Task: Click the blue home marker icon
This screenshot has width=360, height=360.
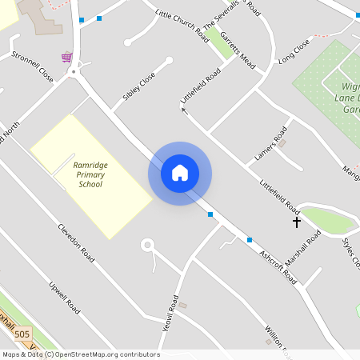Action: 180,173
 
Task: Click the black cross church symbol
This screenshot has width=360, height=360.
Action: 297,221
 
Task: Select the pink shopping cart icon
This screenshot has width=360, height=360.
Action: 66,57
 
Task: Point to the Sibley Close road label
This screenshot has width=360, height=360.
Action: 138,90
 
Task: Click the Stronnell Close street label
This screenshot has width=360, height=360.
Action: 32,67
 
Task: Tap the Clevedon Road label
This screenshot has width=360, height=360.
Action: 76,243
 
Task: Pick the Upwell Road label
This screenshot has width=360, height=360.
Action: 64,297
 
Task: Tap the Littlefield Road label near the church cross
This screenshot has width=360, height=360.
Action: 279,195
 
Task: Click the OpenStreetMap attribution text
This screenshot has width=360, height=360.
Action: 80,354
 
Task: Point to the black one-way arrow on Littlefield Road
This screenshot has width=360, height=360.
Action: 184,110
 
